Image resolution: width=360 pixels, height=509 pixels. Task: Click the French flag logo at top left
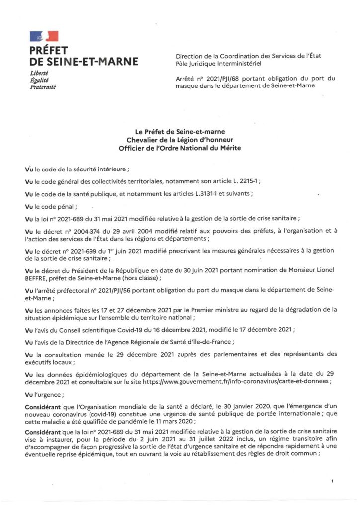tap(44, 36)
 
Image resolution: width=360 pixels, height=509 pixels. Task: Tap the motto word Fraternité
tap(43, 87)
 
